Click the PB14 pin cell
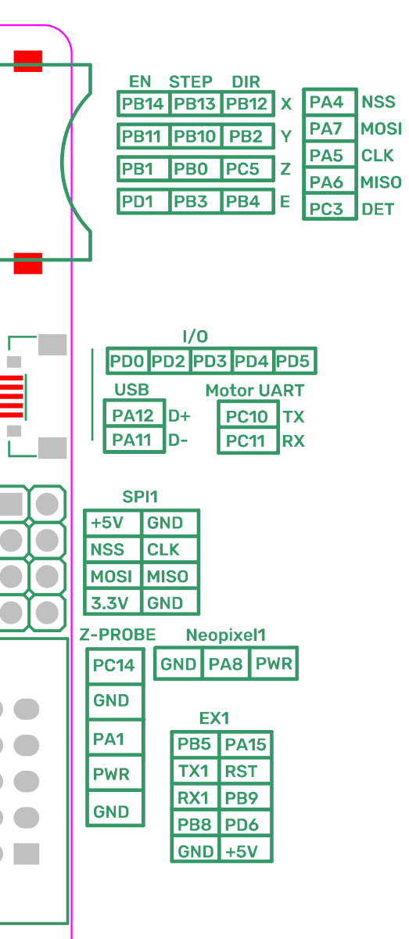pos(143,103)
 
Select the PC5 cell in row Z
pos(247,169)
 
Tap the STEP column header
pos(191,81)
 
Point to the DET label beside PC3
pos(378,209)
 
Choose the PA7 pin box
pos(330,128)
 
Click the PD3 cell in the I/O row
pos(210,361)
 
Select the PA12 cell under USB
pos(134,415)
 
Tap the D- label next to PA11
pos(178,441)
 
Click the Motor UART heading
pos(255,390)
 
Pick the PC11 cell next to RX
pos(248,441)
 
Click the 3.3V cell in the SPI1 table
pos(113,603)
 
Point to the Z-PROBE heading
pos(118,635)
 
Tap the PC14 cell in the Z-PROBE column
pos(115,665)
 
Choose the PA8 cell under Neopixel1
pos(226,664)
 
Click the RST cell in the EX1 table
pos(246,771)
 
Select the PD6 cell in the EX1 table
pos(246,825)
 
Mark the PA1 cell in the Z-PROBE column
pos(115,739)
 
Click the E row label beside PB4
pos(285,202)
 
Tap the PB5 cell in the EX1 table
pos(195,744)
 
